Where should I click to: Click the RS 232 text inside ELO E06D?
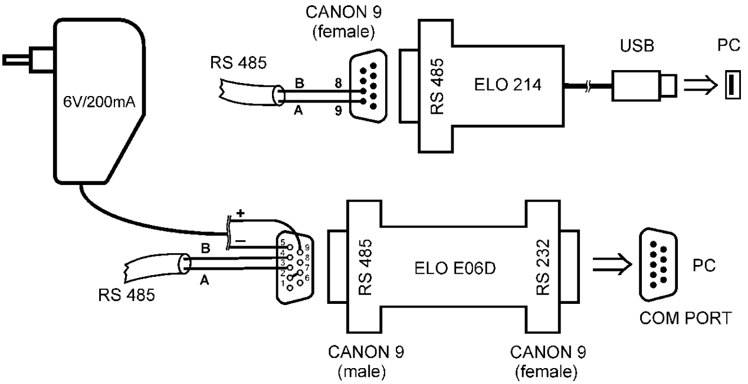(543, 267)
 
